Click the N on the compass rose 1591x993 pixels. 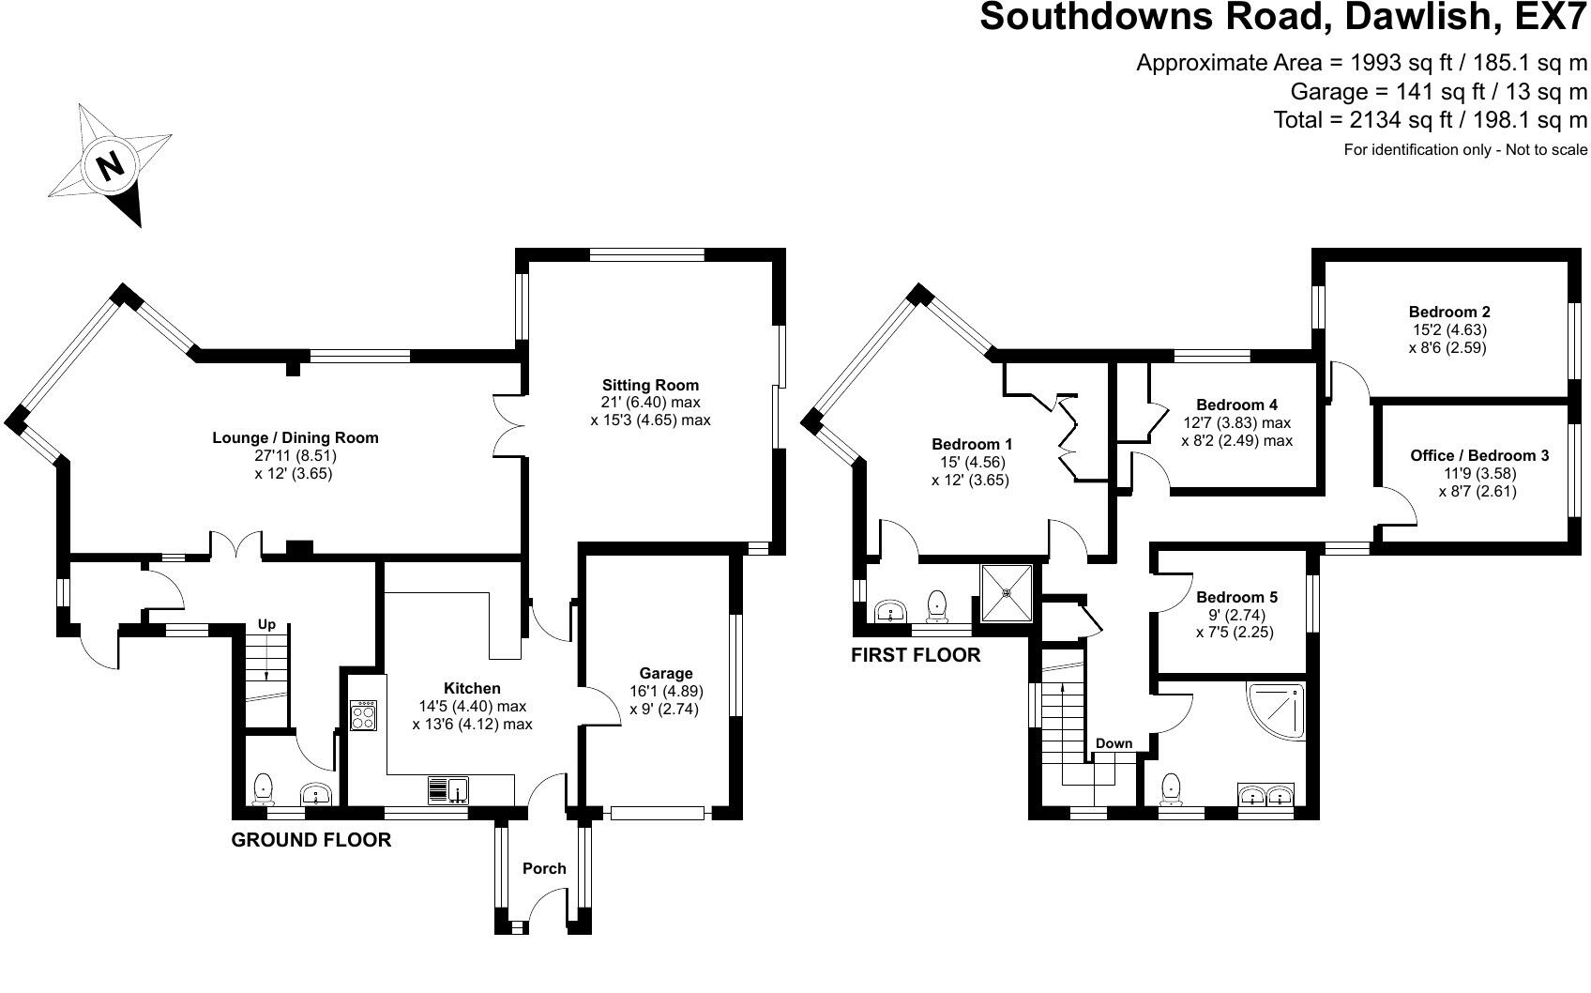pos(111,166)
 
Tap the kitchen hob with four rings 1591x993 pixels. pos(364,716)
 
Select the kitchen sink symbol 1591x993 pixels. pos(448,790)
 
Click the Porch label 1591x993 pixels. pos(544,868)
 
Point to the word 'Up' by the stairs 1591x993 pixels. pos(266,624)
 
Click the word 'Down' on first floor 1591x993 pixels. pos(1114,743)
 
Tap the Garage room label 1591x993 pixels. pos(665,673)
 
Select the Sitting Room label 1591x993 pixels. pos(651,385)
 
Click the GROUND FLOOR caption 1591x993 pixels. pos(311,840)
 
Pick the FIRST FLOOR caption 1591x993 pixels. pos(916,655)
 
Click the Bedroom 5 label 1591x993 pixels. pos(1236,597)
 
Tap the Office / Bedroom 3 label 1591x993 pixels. pos(1479,455)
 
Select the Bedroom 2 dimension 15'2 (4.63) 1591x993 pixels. pos(1448,329)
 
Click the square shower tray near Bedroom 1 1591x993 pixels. pos(1007,592)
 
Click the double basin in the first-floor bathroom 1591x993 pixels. pos(1266,795)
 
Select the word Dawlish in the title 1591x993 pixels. pos(1423,17)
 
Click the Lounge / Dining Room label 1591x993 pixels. pos(295,438)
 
